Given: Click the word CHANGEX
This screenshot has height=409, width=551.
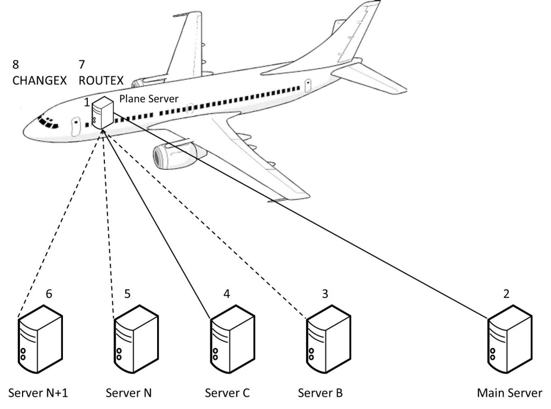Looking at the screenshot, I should pos(39,81).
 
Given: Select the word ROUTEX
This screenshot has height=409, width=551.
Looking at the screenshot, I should pos(101,81).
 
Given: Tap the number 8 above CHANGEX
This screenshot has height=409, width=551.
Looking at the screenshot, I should pos(15,64).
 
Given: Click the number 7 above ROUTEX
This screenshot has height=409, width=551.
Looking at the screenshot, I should pos(82,64).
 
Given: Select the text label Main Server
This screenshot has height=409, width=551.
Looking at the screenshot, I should pos(510,393).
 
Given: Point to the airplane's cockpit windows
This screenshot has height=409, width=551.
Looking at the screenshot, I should pos(49,123).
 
